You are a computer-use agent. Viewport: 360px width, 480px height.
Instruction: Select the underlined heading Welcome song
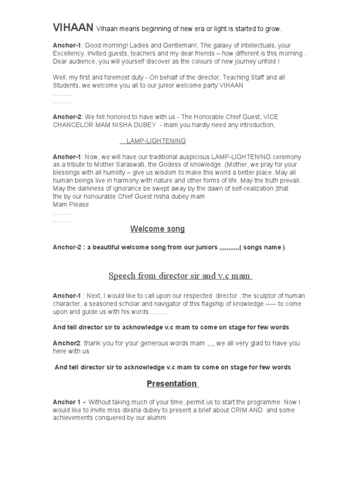[157, 229]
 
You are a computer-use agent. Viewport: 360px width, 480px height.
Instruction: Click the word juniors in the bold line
[205, 247]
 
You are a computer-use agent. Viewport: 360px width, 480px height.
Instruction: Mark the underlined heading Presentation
[172, 383]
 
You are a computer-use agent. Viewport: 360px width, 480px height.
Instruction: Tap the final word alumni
[156, 418]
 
